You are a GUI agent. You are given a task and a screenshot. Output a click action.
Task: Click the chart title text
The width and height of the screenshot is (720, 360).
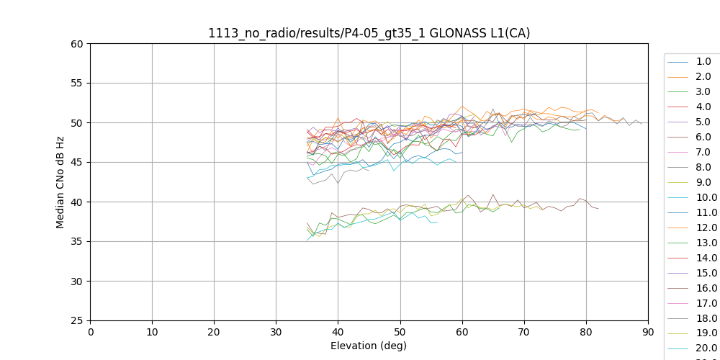pyautogui.click(x=369, y=33)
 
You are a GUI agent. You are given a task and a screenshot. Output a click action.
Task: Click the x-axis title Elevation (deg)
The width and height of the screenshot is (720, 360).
pyautogui.click(x=369, y=346)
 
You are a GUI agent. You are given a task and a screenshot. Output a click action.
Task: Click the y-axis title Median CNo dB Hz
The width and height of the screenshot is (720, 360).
pyautogui.click(x=60, y=182)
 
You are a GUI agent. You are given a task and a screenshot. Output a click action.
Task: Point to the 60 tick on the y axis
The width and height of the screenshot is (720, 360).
pyautogui.click(x=77, y=43)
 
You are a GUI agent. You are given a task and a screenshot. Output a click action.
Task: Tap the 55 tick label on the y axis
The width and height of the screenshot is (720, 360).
pyautogui.click(x=77, y=83)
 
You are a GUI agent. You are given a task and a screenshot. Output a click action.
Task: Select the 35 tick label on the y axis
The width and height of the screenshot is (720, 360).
pyautogui.click(x=77, y=241)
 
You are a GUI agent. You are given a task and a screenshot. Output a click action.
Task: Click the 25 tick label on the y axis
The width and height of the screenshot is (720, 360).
pyautogui.click(x=77, y=320)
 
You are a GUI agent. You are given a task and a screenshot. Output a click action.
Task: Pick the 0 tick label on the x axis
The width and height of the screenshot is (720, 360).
pyautogui.click(x=90, y=332)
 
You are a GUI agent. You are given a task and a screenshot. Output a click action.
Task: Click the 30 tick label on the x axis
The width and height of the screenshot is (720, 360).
pyautogui.click(x=276, y=332)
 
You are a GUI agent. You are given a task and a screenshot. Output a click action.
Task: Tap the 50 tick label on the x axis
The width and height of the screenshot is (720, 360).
pyautogui.click(x=400, y=332)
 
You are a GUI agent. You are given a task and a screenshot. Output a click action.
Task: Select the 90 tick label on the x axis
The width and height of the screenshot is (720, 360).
pyautogui.click(x=647, y=332)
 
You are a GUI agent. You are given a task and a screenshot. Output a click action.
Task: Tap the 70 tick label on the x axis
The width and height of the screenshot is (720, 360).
pyautogui.click(x=523, y=332)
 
